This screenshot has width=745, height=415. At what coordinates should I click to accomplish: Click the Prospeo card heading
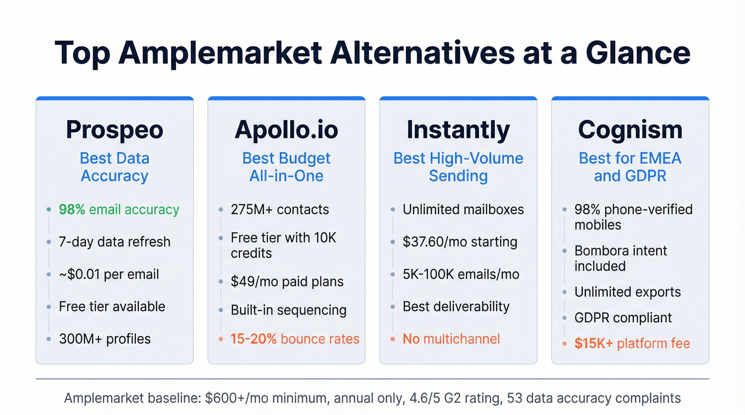[x=114, y=130]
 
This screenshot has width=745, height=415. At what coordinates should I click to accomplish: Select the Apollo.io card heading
[x=286, y=130]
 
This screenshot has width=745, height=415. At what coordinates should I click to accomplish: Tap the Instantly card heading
[x=458, y=130]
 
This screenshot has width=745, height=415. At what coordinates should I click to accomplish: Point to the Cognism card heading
[x=630, y=130]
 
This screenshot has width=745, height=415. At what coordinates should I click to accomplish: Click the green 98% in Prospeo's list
[x=72, y=209]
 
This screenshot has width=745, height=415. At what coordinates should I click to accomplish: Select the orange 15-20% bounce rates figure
[x=253, y=339]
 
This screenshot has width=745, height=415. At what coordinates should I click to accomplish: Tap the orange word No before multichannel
[x=411, y=339]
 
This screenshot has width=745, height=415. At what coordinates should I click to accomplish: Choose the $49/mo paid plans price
[x=251, y=282]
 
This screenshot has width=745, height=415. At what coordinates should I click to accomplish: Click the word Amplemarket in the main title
[x=220, y=53]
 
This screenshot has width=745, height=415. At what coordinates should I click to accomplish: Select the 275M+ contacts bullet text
[x=280, y=209]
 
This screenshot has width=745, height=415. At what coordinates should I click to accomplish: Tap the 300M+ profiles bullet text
[x=105, y=339]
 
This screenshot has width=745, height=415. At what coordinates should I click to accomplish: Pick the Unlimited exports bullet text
[x=627, y=292]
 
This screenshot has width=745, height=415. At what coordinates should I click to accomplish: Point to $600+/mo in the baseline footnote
[x=233, y=398]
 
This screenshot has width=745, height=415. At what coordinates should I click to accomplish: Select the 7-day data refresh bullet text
[x=114, y=242]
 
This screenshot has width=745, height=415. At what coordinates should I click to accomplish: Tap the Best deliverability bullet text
[x=456, y=307]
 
